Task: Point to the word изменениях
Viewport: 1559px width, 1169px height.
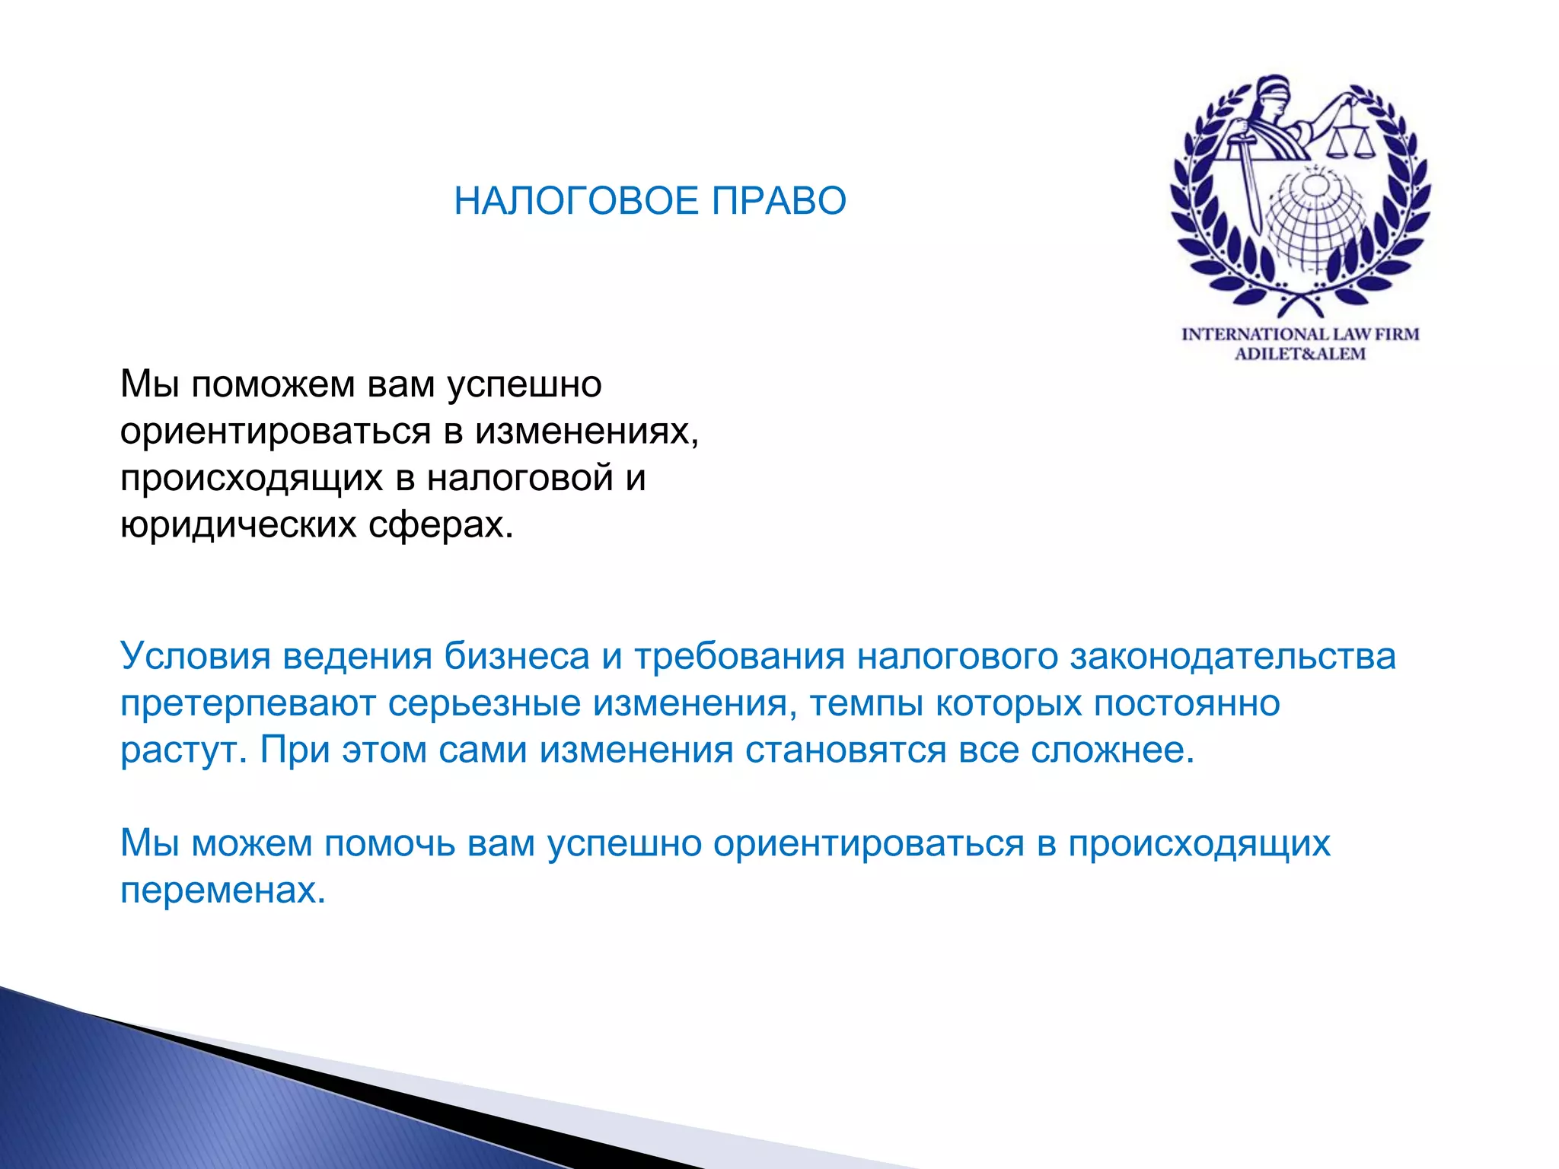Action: pos(586,432)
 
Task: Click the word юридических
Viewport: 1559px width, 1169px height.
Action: pos(238,524)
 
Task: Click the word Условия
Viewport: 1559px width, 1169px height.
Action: pos(196,656)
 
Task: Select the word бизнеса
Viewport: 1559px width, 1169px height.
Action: pos(517,656)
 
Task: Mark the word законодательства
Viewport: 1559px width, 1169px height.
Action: pos(1233,656)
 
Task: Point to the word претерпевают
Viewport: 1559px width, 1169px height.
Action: pos(248,703)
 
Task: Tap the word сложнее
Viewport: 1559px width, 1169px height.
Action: pos(1113,750)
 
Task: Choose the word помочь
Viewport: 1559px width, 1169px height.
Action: pos(390,843)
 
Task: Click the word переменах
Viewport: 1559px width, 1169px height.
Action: pos(223,890)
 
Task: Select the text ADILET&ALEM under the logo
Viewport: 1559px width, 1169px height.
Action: pos(1300,354)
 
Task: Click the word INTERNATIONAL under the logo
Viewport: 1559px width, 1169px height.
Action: pos(1255,334)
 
